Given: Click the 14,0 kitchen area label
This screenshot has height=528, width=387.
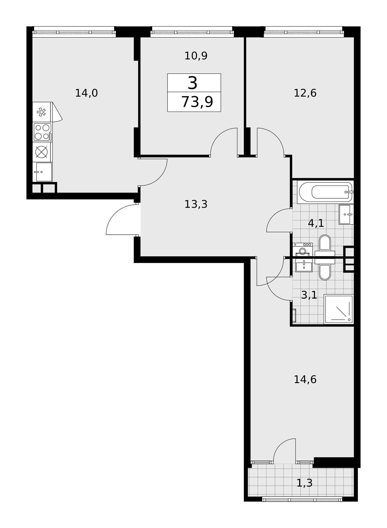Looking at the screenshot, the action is tap(86, 93).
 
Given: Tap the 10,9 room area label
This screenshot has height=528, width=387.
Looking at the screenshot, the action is tap(196, 56).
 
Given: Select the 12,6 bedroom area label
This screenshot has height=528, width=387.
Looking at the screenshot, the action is tap(305, 93).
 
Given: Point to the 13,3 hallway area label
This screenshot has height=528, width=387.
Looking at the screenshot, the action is tap(196, 204).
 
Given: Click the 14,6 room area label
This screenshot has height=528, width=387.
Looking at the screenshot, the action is tap(305, 380).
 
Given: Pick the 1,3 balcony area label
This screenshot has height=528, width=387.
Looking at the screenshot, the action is tap(305, 483).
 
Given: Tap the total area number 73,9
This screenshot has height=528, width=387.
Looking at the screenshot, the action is tap(197, 102).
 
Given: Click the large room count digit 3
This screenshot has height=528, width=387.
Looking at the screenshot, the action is tap(193, 83).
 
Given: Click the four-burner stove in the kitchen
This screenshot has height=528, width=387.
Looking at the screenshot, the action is tap(42, 132).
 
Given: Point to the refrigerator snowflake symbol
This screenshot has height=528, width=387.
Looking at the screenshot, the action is tap(41, 112).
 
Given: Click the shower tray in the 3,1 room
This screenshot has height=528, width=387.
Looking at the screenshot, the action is tap(339, 309).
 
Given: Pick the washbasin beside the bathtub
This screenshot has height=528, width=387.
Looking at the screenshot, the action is tap(346, 214).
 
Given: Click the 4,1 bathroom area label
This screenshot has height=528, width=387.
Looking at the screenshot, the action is tap(316, 224).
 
